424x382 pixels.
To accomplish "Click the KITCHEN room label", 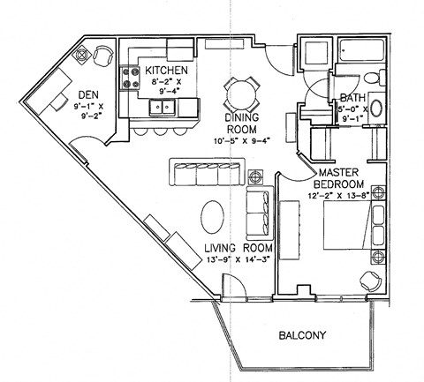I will (x=164, y=71).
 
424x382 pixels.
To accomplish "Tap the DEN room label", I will (x=87, y=95).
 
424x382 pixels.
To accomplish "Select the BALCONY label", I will (x=304, y=334).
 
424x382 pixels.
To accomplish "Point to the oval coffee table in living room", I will (x=212, y=216).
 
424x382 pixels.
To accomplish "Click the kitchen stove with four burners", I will (x=132, y=78).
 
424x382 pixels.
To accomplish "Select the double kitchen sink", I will (x=163, y=108).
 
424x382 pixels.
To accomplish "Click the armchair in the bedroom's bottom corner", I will (x=369, y=281).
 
